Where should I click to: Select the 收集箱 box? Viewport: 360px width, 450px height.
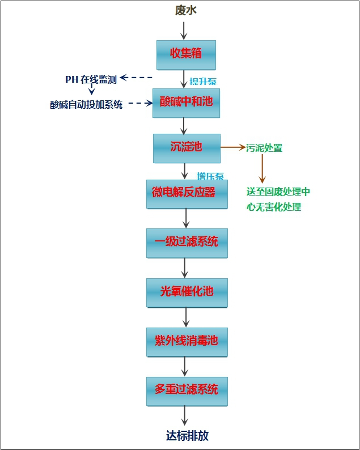[186, 54]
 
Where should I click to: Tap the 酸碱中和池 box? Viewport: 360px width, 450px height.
[186, 103]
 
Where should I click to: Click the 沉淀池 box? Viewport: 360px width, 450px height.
[187, 147]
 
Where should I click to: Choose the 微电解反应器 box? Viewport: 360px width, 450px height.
[187, 193]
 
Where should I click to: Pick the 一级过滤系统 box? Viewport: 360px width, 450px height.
[187, 243]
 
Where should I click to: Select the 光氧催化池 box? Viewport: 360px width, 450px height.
[187, 292]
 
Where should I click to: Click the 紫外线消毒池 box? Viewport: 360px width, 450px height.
[187, 341]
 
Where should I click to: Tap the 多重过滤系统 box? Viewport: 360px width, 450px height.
[187, 390]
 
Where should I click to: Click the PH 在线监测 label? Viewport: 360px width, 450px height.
[91, 79]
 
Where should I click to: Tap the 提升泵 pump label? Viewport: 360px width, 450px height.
[202, 81]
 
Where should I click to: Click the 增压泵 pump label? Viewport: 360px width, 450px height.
[210, 176]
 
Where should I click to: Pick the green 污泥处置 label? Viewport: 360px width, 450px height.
[264, 148]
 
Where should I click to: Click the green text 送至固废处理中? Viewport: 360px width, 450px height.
[278, 192]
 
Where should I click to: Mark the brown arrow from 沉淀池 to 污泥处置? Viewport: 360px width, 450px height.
[232, 147]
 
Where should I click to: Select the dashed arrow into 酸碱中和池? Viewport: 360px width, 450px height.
[141, 103]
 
